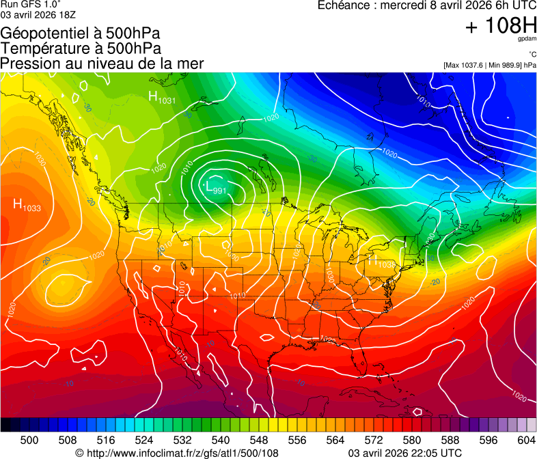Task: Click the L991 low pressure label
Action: pos(216,187)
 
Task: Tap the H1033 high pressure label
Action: pos(27,204)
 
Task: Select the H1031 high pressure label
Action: pos(162,98)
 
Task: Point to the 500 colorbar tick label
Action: pos(29,440)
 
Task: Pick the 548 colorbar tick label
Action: pos(259,440)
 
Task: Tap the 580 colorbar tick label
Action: pos(412,440)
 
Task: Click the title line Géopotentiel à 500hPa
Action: pos(80,33)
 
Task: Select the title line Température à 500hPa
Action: pos(81,48)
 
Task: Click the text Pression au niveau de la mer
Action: pos(102,64)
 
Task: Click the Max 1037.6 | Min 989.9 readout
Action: pos(489,65)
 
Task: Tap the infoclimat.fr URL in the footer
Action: pos(177,453)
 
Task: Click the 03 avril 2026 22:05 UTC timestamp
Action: pos(404,453)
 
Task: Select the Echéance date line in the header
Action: pos(427,5)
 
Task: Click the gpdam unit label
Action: pos(527,39)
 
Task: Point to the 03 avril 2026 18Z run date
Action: pos(38,14)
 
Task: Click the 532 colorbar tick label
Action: pos(182,440)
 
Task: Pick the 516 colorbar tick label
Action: pos(106,440)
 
